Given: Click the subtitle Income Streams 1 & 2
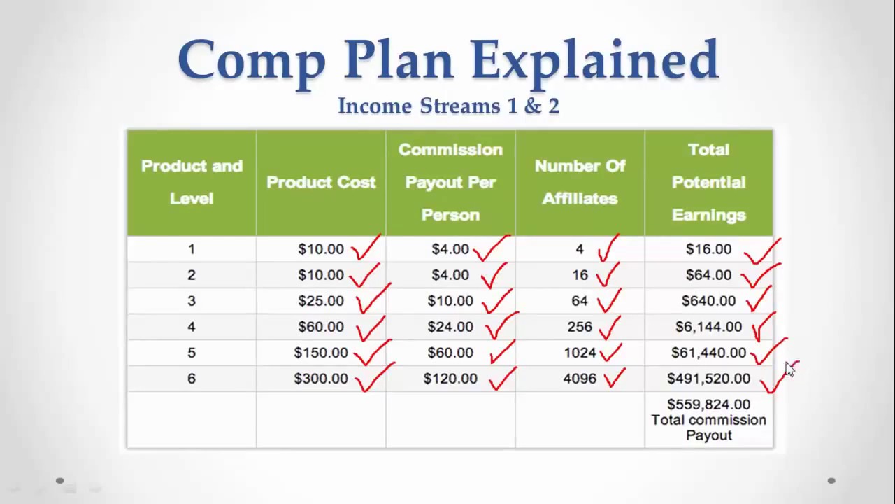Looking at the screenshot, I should coord(448,106).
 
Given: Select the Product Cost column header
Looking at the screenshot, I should coord(321,182).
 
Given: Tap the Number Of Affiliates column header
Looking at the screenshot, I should coord(580,182).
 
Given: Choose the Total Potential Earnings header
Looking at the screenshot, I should coord(708,182).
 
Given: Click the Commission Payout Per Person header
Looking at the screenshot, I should coord(450,182).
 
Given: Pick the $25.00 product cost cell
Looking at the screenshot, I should coord(321,301).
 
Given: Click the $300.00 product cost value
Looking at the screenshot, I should coord(321,379).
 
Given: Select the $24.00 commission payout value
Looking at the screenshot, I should coord(450,327).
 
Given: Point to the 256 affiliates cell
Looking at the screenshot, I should coord(580,327).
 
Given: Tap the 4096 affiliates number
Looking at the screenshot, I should coord(580,379).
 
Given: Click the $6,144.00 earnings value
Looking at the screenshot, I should coord(708,327).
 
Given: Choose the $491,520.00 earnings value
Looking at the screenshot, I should coord(708,379).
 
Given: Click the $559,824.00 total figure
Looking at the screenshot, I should coord(708,405).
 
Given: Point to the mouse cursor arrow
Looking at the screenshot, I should coord(789,370).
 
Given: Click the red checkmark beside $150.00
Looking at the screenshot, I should coord(372,353).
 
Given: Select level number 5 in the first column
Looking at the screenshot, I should coord(191,353).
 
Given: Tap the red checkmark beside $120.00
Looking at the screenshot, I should coord(501,379).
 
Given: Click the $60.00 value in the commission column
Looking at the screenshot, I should coord(450,353).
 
